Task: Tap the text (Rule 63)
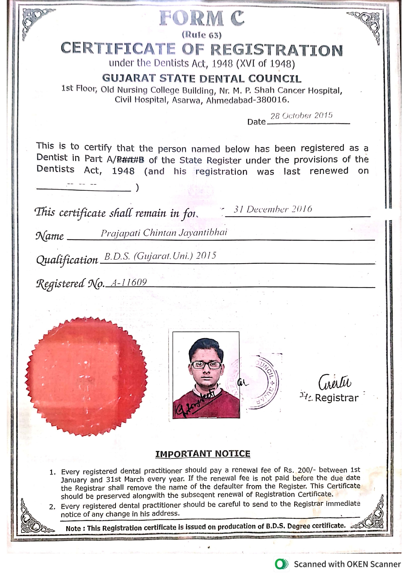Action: [x=201, y=35]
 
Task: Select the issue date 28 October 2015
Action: [x=301, y=116]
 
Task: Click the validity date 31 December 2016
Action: [x=273, y=209]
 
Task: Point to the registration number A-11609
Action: [x=129, y=282]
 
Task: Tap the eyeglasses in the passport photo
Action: [x=206, y=365]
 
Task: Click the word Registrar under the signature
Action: [x=337, y=398]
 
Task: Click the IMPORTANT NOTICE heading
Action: [x=203, y=454]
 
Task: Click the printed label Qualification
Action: [x=67, y=260]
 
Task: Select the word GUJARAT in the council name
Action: [x=129, y=78]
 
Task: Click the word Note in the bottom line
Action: [x=73, y=529]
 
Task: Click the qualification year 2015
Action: [x=206, y=256]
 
